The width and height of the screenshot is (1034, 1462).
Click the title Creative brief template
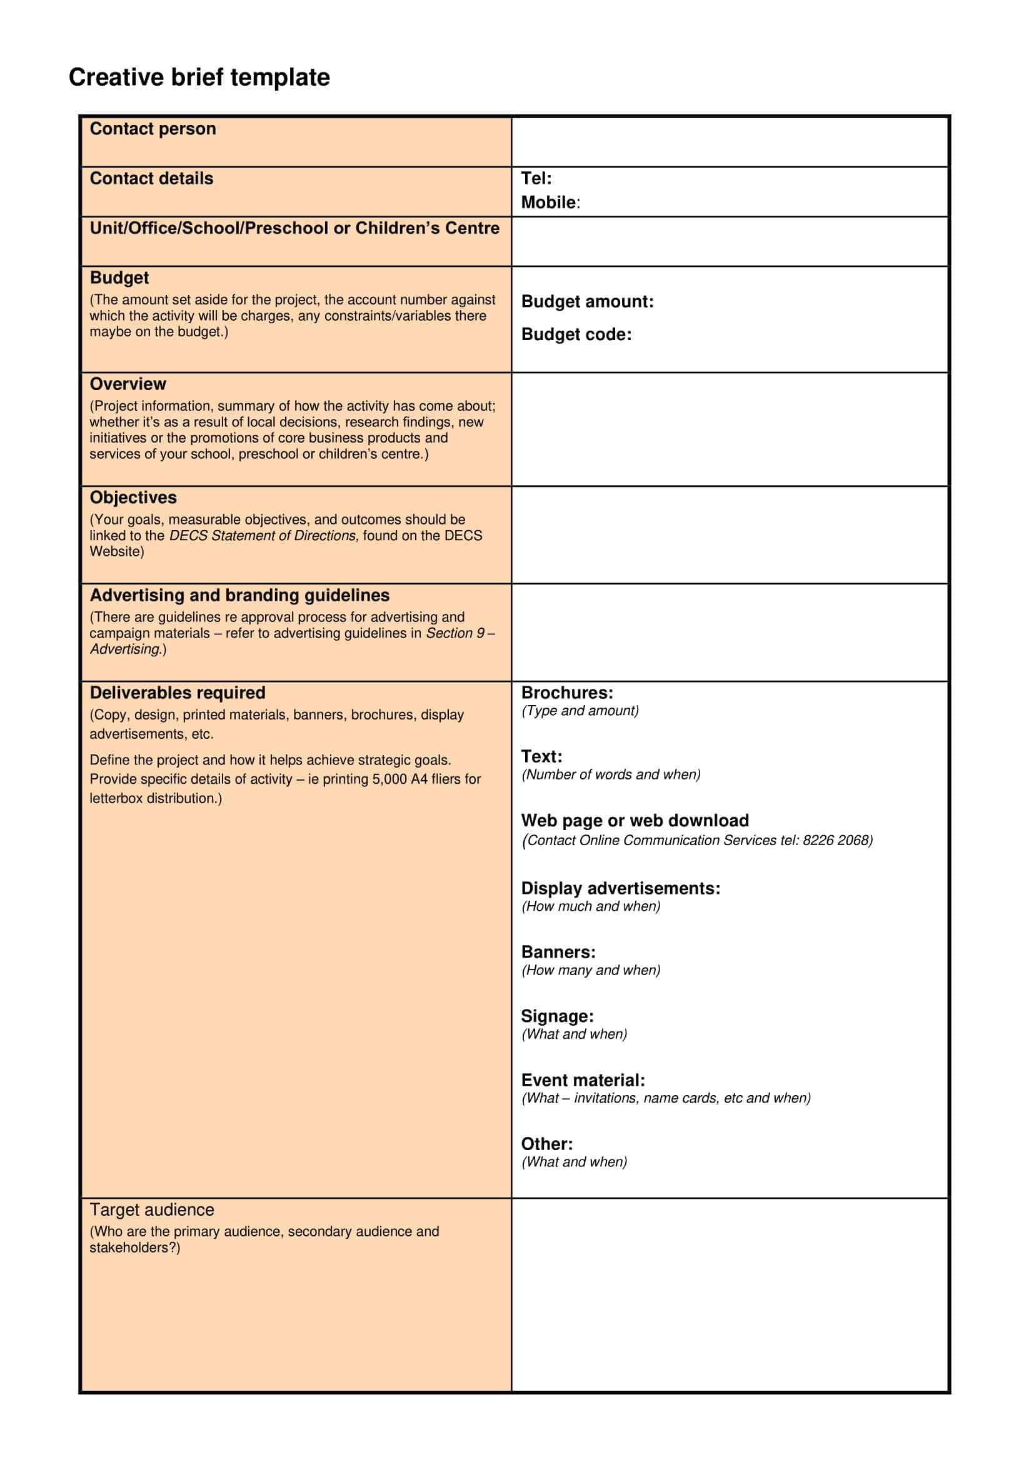[x=199, y=77]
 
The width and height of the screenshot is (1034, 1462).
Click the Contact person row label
[x=153, y=129]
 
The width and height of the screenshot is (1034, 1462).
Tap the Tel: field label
[x=536, y=178]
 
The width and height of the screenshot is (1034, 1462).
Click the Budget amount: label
[x=587, y=301]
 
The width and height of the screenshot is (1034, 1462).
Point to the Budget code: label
[x=576, y=334]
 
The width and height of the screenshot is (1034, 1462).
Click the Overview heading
[x=128, y=384]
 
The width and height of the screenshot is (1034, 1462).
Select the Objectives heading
[x=133, y=498]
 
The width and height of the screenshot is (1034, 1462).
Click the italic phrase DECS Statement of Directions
[x=264, y=536]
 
